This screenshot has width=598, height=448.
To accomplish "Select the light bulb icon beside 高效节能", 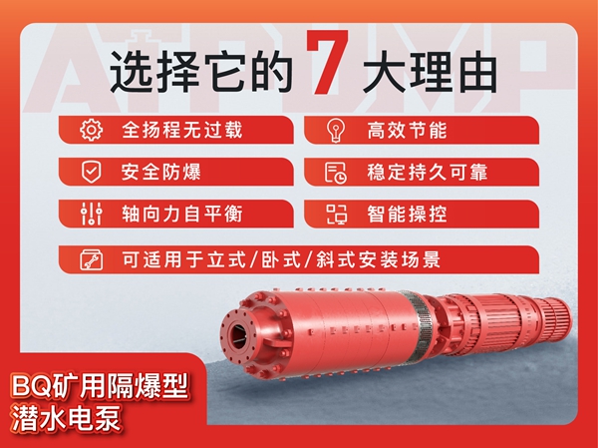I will click(x=335, y=130).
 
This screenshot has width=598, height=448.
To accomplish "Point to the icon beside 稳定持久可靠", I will click(x=335, y=172).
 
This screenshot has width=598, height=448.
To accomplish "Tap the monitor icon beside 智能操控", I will click(x=335, y=214).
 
